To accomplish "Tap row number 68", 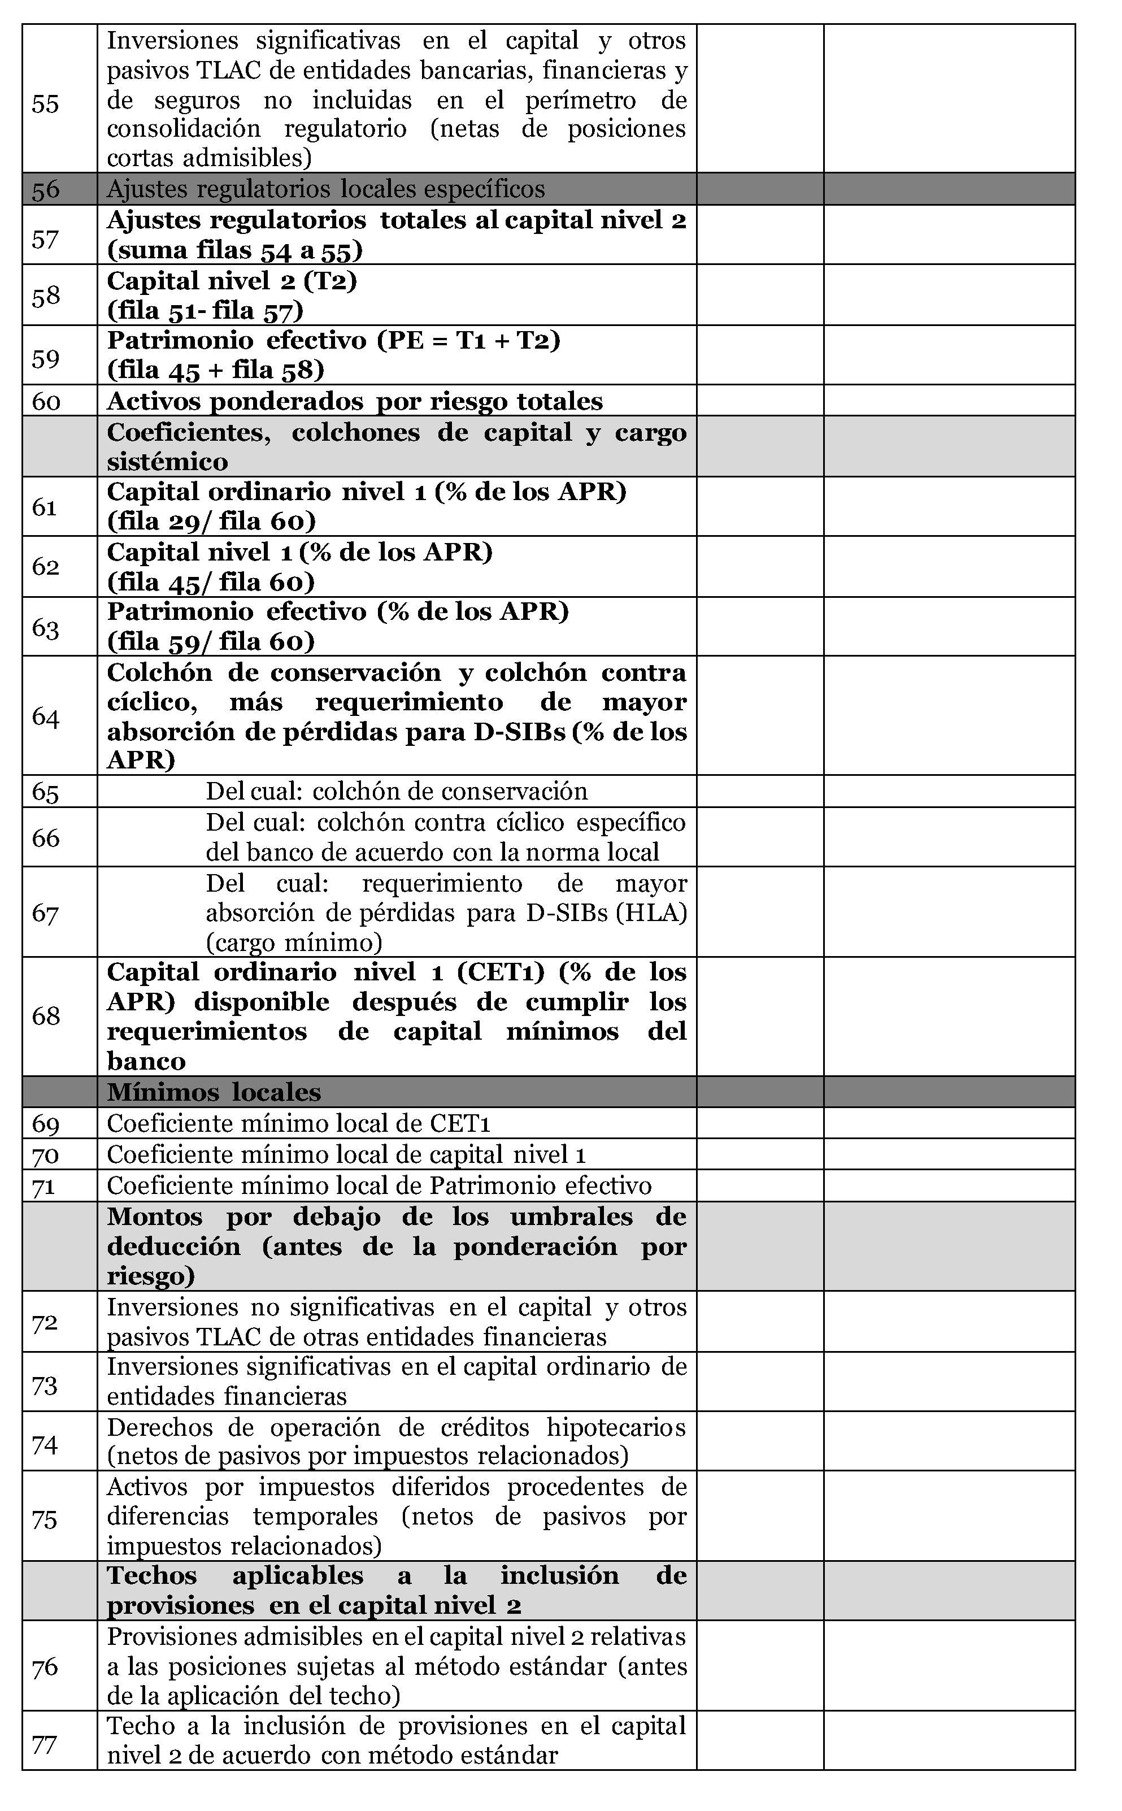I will tap(45, 1015).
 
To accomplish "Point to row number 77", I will tap(45, 1743).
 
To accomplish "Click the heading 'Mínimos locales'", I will tap(214, 1092).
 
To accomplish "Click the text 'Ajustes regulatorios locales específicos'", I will tap(326, 189).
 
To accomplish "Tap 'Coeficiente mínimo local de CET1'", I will tap(298, 1123).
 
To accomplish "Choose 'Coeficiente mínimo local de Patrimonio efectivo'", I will tap(379, 1185).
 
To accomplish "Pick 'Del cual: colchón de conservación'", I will tap(396, 791).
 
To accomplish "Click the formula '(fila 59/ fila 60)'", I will tap(211, 641).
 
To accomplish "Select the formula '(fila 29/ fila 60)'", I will tap(211, 522).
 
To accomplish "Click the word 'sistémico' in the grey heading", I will tap(167, 462).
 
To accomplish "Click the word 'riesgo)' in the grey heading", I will tap(151, 1276).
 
